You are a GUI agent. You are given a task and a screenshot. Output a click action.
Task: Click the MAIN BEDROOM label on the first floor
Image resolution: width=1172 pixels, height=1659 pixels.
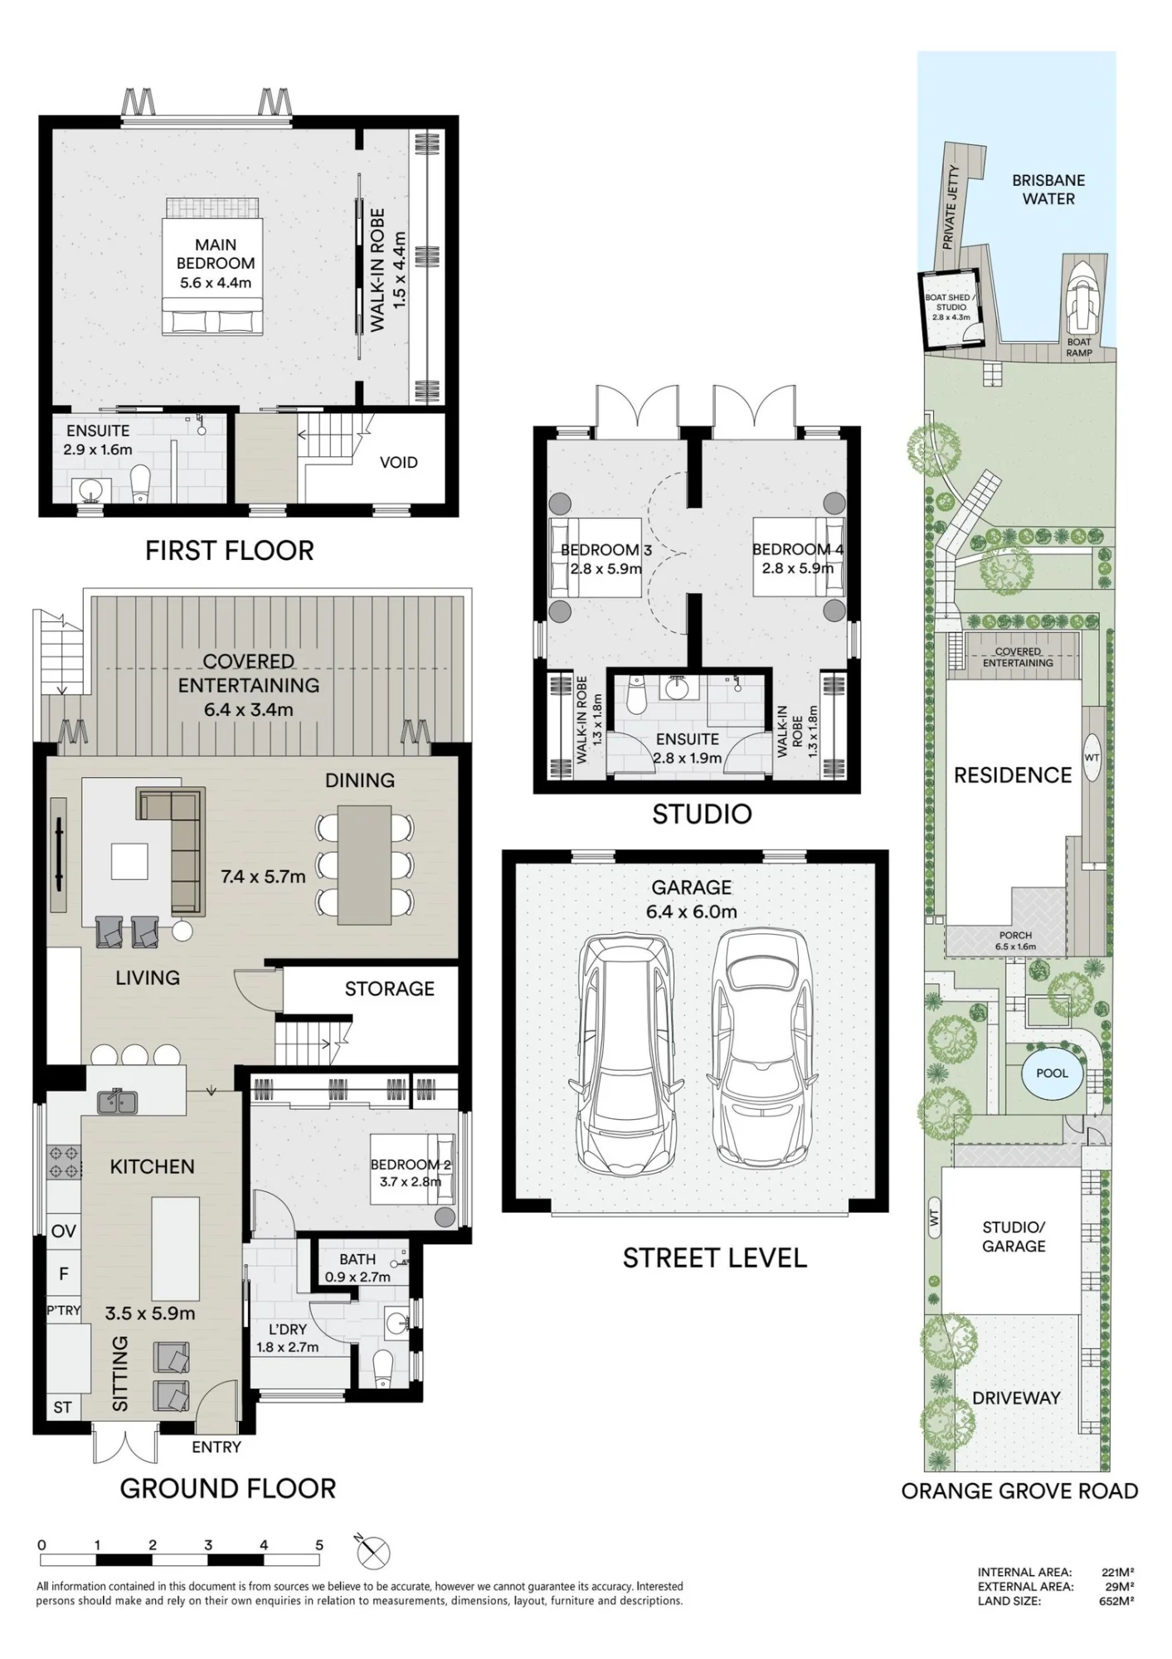tap(216, 254)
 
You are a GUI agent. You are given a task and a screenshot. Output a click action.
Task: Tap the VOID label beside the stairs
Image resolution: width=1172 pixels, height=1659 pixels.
tap(398, 462)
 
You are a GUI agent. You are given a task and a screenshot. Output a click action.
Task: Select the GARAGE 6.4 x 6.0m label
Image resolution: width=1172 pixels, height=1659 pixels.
tap(691, 899)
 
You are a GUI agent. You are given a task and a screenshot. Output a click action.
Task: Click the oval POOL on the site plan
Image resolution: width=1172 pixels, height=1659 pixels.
tap(1052, 1073)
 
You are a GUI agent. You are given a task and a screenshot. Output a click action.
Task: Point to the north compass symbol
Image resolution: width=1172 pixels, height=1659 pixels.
tap(374, 1552)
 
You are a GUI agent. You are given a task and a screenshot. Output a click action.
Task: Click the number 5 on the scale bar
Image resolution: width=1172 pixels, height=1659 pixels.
tap(319, 1545)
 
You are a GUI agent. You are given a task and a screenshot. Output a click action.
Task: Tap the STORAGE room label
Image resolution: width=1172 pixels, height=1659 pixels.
tap(390, 988)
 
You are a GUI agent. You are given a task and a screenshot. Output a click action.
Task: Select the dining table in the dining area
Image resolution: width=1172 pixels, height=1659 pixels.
tap(364, 864)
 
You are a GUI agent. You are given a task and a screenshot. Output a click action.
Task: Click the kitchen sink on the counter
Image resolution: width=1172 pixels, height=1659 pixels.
tap(118, 1101)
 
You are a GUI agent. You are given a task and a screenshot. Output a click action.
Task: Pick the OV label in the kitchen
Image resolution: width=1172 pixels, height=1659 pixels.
tap(64, 1231)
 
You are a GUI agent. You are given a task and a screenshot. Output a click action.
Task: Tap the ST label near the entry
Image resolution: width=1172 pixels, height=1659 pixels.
tap(62, 1408)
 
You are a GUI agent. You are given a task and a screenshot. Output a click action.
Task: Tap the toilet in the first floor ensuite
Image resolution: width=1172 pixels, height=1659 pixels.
tap(141, 483)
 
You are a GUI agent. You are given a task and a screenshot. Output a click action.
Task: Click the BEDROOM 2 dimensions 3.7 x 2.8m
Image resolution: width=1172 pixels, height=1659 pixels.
tap(411, 1181)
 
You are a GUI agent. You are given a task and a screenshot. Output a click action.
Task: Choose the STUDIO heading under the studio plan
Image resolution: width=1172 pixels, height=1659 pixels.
tap(702, 815)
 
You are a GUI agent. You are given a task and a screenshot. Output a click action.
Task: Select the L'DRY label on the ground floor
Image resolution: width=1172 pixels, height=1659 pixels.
tap(287, 1329)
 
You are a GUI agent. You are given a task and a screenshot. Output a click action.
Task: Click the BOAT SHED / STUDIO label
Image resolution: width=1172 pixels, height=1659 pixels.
tap(950, 302)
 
